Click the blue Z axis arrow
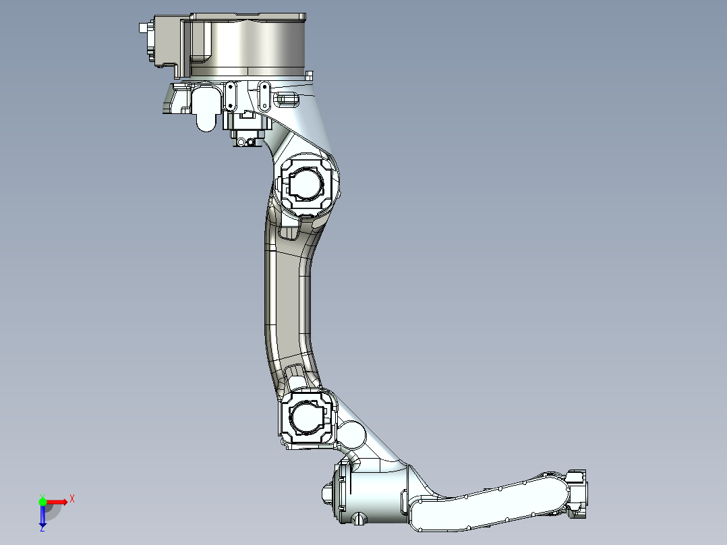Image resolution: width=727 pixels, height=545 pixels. point(42,517)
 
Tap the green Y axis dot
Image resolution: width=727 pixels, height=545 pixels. point(42,502)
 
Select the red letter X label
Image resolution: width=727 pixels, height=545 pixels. point(72,498)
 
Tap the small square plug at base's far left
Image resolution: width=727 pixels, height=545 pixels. point(142,28)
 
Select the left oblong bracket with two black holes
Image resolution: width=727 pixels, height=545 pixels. point(231,96)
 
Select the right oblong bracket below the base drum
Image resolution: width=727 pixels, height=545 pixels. point(264,96)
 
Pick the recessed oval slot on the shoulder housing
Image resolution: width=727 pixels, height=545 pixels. point(288,101)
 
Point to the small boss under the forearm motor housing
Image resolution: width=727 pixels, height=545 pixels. point(359,519)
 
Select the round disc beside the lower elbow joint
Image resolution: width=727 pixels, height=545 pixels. point(352,435)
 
